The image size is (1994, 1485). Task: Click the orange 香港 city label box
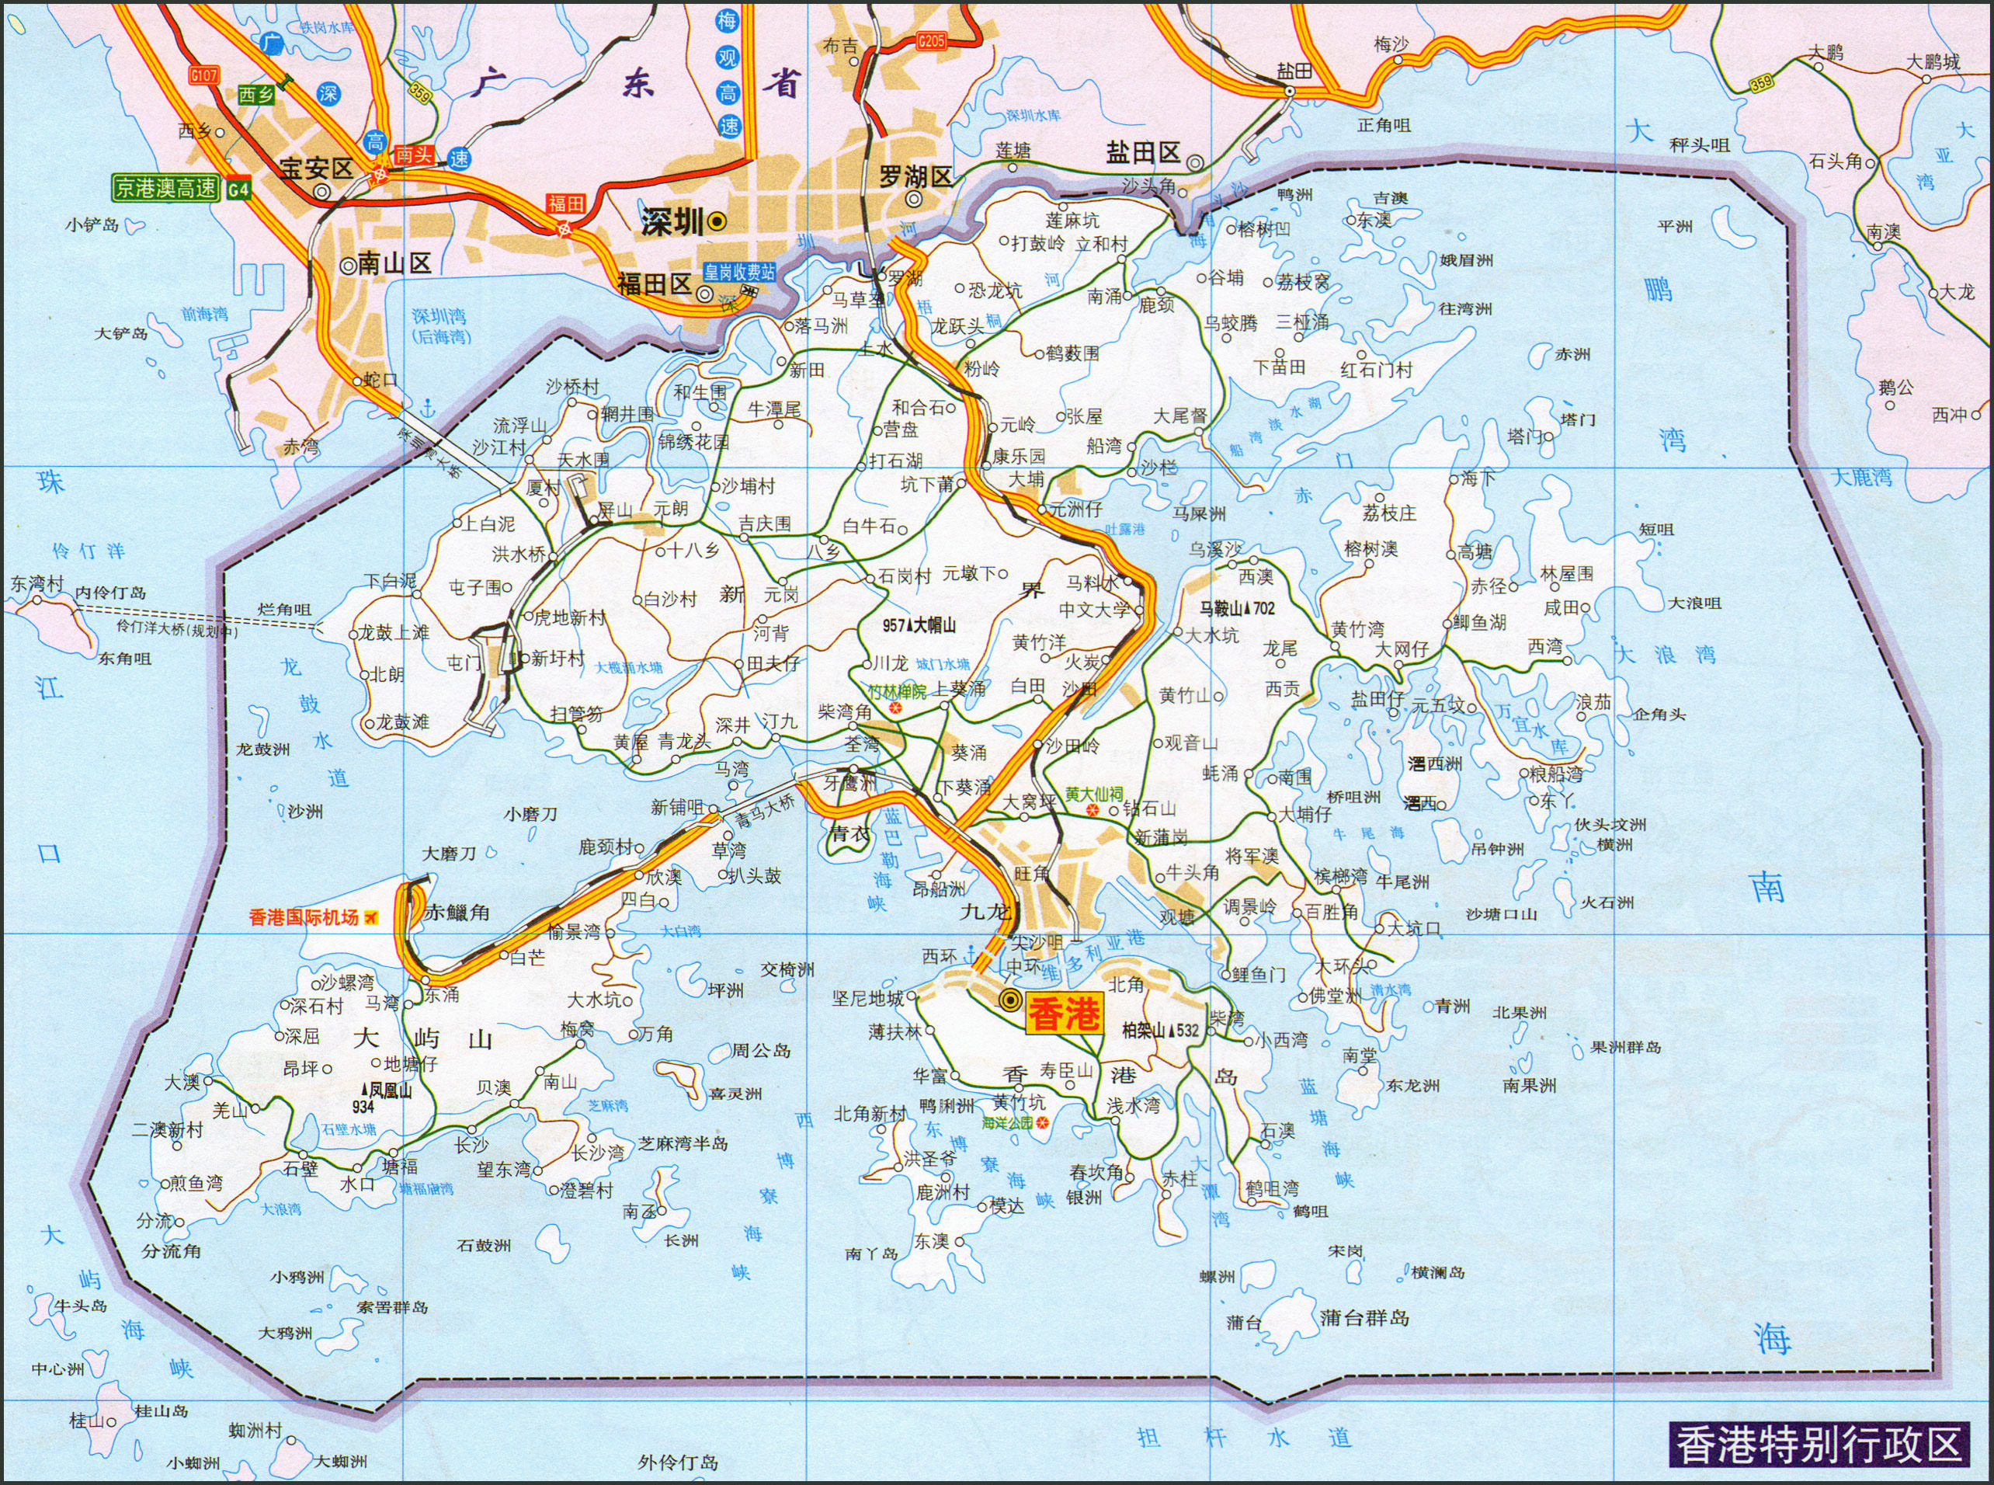(1063, 1015)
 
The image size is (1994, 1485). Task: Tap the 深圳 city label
(673, 223)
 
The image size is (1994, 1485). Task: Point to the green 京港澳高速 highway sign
(165, 188)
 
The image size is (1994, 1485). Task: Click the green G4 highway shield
(238, 189)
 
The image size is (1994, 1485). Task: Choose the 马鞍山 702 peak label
(1238, 609)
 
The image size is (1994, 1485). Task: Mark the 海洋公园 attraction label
(1007, 1123)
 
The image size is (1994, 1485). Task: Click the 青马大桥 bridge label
(765, 812)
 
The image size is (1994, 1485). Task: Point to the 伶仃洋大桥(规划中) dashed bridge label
(178, 629)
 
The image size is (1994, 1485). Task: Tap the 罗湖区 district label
(914, 176)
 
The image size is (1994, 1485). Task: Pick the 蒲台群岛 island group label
(1364, 1319)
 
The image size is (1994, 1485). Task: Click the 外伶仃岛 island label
(678, 1462)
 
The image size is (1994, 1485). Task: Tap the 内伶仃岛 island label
(109, 593)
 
